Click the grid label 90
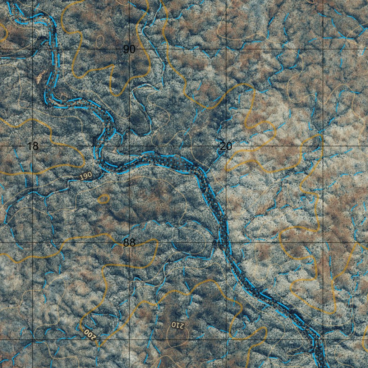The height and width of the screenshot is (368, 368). [129, 50]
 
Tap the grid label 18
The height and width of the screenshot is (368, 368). [33, 146]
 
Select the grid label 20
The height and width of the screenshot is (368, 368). [226, 146]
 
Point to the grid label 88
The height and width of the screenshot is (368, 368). [129, 243]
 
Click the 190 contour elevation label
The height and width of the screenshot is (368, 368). [86, 176]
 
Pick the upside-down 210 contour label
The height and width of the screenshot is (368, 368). [177, 325]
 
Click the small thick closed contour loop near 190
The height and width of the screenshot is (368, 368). [104, 198]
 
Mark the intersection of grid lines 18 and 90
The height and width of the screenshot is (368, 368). [33, 49]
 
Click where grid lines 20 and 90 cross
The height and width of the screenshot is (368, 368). [226, 49]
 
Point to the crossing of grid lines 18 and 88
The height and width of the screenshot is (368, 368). [33, 243]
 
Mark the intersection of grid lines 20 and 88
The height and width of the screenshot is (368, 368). [226, 243]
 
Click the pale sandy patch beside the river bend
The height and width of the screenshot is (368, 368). [40, 76]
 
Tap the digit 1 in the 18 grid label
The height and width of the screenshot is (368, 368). [30, 146]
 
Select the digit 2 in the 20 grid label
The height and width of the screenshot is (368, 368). [223, 146]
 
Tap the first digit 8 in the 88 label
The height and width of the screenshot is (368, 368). [126, 243]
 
